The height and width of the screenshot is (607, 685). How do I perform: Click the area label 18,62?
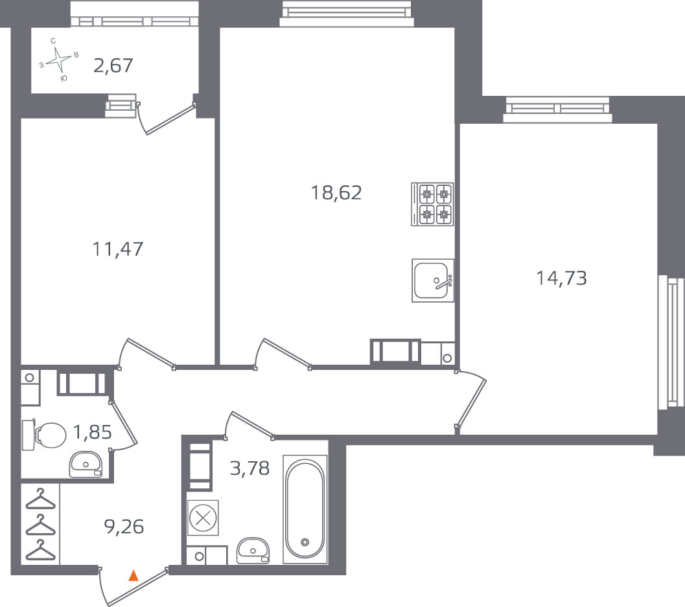[336, 192]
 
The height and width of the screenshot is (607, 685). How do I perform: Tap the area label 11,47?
[118, 249]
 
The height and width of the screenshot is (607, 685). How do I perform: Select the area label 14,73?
[561, 278]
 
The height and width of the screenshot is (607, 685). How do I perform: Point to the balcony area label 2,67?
[113, 65]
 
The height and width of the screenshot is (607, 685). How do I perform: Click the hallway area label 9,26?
[124, 527]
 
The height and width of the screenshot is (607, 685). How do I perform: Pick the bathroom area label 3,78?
[250, 468]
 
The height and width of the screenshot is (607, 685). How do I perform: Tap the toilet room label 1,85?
[92, 432]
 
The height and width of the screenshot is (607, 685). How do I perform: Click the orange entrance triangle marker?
[134, 575]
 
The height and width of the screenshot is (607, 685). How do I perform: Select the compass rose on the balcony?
[59, 61]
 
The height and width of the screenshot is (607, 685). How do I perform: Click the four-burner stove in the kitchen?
[432, 204]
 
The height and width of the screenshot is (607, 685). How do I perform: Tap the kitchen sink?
[433, 281]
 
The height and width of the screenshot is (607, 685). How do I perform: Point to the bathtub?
[305, 509]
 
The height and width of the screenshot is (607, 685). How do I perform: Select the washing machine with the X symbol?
[203, 518]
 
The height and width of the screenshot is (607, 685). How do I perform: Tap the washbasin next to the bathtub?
[253, 550]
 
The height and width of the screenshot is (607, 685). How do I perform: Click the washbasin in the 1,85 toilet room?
[86, 464]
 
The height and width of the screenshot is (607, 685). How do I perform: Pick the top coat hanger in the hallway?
[41, 499]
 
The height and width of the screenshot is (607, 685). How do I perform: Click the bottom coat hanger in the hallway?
[41, 550]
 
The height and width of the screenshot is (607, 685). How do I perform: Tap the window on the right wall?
[671, 342]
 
